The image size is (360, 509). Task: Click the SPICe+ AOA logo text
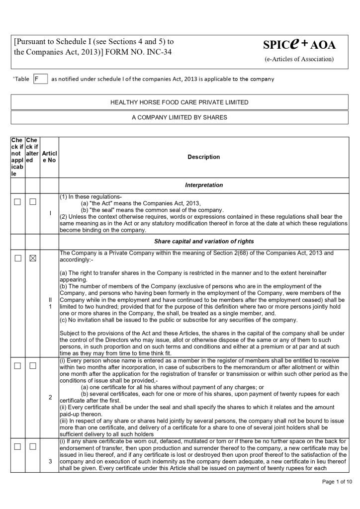point(299,45)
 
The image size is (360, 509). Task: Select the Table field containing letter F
point(40,79)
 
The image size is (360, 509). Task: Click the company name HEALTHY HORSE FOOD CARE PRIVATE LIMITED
point(180,102)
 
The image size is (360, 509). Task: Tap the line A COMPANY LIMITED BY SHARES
point(180,117)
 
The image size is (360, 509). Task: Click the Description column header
point(203,157)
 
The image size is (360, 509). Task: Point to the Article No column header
point(49,157)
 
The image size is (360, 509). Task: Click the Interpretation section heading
point(203,185)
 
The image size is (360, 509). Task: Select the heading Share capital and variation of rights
point(203,242)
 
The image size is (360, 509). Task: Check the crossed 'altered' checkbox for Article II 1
point(33,258)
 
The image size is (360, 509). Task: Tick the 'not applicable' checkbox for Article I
point(17,202)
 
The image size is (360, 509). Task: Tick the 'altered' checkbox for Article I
point(33,202)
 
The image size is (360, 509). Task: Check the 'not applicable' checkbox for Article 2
point(17,366)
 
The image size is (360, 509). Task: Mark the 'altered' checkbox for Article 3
point(33,446)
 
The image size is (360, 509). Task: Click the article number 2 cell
point(50,397)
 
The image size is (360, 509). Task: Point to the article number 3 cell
point(50,462)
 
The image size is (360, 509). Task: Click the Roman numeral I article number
point(50,213)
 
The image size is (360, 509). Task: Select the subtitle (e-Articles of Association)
point(299,59)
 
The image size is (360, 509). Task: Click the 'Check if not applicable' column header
point(17,157)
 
